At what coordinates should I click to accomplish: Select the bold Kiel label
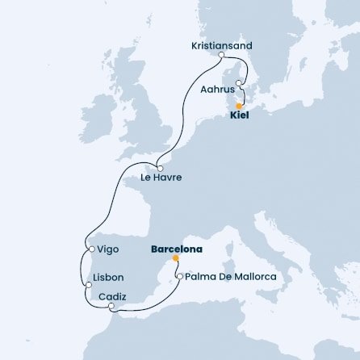[x=239, y=116]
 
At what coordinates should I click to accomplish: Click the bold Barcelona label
[x=176, y=249]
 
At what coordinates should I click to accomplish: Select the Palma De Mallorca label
[x=230, y=277]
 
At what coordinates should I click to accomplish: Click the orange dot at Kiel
[x=239, y=106]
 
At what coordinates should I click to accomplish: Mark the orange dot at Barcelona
[x=174, y=260]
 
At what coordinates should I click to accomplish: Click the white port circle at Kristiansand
[x=221, y=56]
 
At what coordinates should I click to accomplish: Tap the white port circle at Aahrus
[x=240, y=82]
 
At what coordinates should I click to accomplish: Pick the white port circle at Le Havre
[x=161, y=168]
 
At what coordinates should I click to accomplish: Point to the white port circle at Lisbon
[x=87, y=285]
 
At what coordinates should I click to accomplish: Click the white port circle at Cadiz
[x=111, y=307]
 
